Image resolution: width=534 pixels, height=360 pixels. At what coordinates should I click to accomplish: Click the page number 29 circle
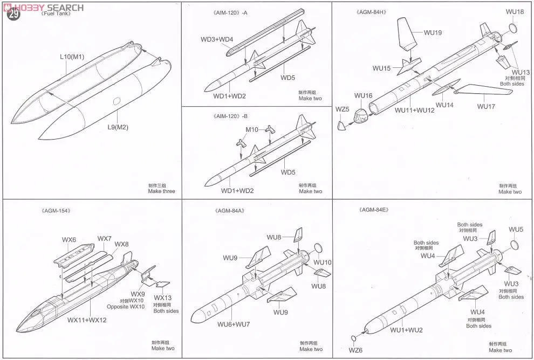click(x=13, y=15)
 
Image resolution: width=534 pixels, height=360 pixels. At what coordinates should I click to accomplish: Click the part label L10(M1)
click(x=72, y=56)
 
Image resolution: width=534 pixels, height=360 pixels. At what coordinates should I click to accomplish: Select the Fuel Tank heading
click(x=56, y=15)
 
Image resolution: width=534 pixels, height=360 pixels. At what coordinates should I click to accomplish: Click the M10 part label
click(x=252, y=129)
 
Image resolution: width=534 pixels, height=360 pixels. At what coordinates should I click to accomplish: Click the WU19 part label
click(x=433, y=33)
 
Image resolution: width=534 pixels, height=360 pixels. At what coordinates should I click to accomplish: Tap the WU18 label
click(x=515, y=12)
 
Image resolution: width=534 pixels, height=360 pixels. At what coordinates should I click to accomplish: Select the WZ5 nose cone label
click(x=342, y=109)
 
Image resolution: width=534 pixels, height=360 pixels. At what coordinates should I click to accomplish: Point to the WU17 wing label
click(x=486, y=106)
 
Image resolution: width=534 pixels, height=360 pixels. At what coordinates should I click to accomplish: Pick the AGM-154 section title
click(x=56, y=210)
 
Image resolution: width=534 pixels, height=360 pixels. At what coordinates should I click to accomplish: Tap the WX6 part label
click(x=69, y=239)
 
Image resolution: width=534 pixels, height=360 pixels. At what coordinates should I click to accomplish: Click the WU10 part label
click(x=322, y=262)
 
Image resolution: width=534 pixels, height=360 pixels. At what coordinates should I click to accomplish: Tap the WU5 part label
click(x=516, y=230)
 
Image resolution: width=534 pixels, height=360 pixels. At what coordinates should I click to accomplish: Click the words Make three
click(x=162, y=191)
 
